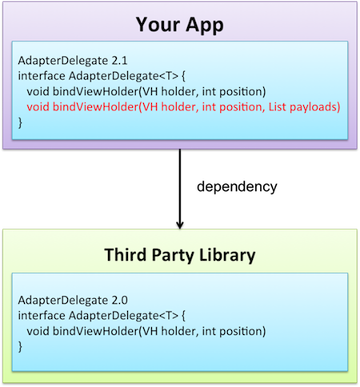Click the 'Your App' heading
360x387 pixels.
click(x=180, y=25)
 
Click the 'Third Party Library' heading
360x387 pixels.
click(x=180, y=255)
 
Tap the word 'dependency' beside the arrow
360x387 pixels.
click(x=237, y=186)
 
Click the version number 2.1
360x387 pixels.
click(x=119, y=61)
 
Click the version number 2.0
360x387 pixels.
click(x=119, y=301)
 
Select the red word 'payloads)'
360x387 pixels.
click(x=315, y=107)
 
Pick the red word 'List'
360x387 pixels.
click(x=278, y=106)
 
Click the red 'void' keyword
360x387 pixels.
click(x=38, y=107)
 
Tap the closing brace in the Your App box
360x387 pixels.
click(x=20, y=123)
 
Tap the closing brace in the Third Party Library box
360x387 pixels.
click(x=20, y=347)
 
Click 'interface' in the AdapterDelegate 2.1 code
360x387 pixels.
click(x=42, y=76)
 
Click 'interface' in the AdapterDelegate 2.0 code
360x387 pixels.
click(x=42, y=316)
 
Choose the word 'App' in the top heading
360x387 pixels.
click(x=205, y=26)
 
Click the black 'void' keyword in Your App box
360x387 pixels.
click(x=38, y=91)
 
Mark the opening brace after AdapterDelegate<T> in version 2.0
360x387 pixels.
click(x=183, y=316)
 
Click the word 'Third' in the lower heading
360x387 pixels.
click(x=126, y=254)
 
